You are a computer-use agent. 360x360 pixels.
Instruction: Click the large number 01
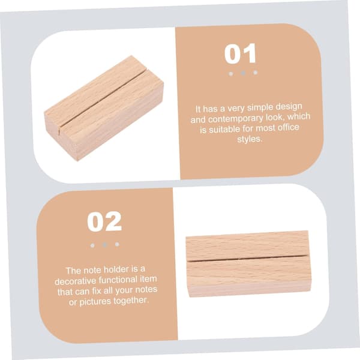click(240, 53)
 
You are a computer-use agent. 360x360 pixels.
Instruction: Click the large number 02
click(104, 221)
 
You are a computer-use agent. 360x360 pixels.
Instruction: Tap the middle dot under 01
click(243, 73)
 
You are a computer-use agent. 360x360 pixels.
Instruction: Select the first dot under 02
click(92, 245)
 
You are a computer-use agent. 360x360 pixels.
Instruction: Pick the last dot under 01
click(255, 73)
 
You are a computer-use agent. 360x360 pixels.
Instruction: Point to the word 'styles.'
click(250, 139)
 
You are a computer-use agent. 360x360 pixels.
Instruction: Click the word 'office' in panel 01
click(289, 127)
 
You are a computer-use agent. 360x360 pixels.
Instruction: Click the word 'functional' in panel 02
click(118, 280)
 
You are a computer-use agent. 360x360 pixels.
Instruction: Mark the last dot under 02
click(117, 244)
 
